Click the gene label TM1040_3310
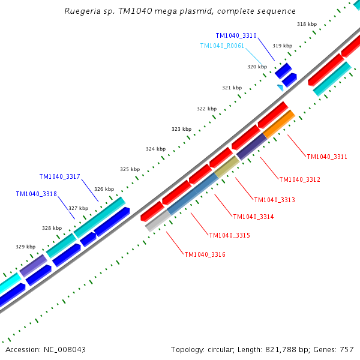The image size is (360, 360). tap(236, 36)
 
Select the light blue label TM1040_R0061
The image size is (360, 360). tap(222, 46)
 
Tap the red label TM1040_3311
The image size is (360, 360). tap(327, 157)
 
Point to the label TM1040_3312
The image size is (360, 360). tap(299, 179)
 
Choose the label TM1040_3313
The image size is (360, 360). tap(274, 200)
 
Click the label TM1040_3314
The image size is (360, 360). tap(253, 217)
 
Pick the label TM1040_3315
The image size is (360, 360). tap(229, 235)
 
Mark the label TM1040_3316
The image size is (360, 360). tap(205, 254)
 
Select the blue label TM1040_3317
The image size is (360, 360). tap(59, 176)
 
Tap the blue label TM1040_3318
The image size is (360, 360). tap(36, 194)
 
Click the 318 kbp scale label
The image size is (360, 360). tap(307, 24)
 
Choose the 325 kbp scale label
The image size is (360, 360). tap(130, 169)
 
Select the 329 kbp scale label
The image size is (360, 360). tap(25, 247)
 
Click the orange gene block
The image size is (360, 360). tap(278, 124)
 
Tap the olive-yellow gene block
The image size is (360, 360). tap(227, 167)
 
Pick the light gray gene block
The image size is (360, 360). tap(158, 221)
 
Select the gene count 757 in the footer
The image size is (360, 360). tap(346, 349)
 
